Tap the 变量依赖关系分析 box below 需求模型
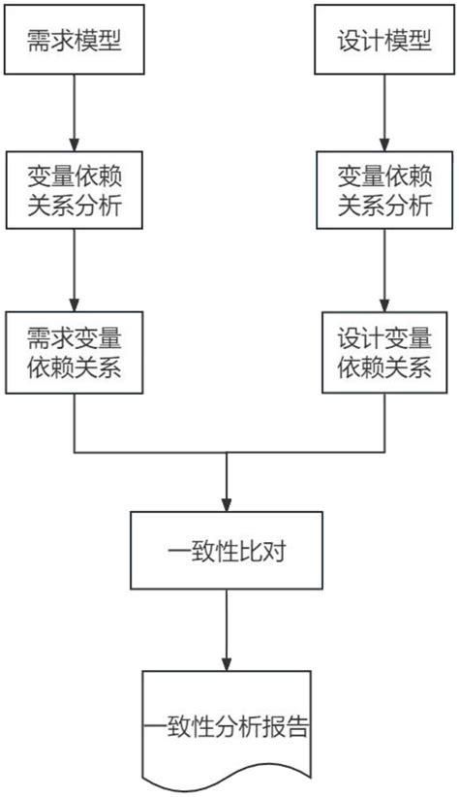[x=75, y=190]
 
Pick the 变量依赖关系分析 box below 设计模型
[x=383, y=190]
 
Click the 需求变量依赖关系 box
[x=75, y=353]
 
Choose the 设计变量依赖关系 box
[x=383, y=353]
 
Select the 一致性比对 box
[x=227, y=553]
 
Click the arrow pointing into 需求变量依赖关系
[x=75, y=271]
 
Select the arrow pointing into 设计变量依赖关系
[x=383, y=271]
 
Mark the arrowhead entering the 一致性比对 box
[x=227, y=504]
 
